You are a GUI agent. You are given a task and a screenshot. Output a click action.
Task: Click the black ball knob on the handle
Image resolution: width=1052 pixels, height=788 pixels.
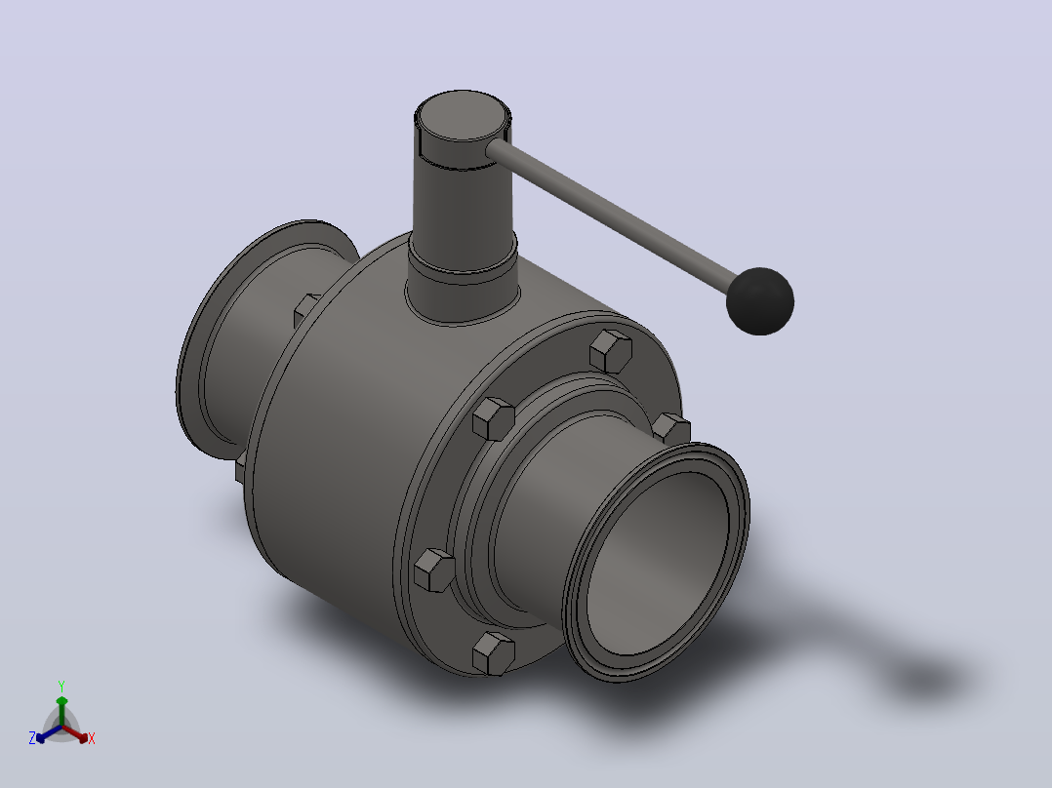[760, 301]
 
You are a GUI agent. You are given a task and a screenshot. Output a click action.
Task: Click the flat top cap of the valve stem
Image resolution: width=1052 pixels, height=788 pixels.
[463, 115]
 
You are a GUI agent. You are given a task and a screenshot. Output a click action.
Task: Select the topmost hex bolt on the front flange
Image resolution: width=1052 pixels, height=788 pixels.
[611, 351]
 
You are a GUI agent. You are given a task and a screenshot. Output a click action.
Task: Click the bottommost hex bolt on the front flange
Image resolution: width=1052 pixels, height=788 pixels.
[494, 652]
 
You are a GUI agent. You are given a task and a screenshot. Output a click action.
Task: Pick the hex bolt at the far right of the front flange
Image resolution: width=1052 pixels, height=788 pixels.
[671, 429]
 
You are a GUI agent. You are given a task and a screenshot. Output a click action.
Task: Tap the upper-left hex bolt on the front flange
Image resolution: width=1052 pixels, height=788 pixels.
[493, 418]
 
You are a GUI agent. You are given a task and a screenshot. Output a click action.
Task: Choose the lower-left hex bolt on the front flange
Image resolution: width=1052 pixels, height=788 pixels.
[434, 571]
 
